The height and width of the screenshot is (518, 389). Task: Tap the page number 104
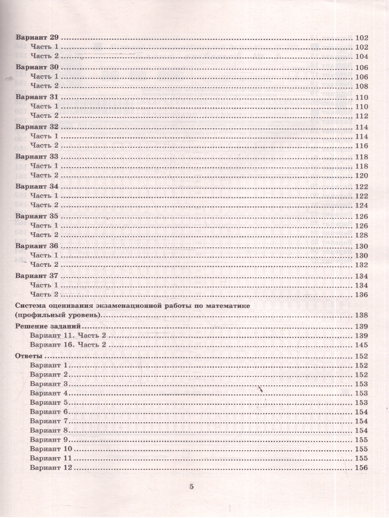(x=361, y=57)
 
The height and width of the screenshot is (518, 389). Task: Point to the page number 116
(x=361, y=146)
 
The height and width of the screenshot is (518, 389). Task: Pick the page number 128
(x=361, y=235)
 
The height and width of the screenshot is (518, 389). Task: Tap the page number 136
(x=361, y=295)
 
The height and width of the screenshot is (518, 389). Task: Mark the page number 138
(x=361, y=316)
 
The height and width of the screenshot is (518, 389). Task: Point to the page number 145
(x=361, y=345)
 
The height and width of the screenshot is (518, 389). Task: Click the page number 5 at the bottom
(x=192, y=487)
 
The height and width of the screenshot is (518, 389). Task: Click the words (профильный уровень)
(x=58, y=316)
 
